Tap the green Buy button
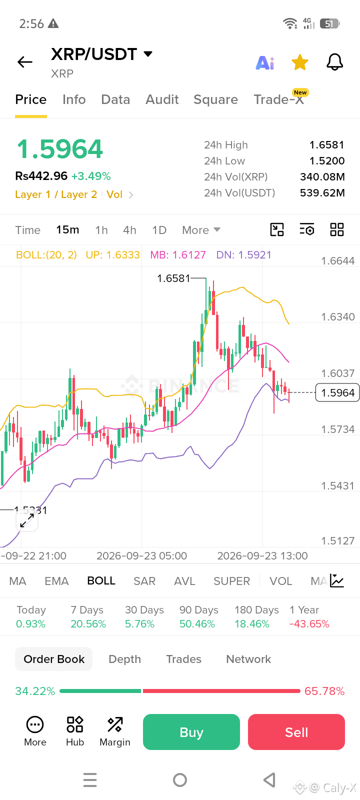191,732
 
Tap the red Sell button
296,732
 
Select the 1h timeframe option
101,230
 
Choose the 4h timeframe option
129,230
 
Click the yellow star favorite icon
299,62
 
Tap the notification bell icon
334,62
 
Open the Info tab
74,99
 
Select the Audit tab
162,99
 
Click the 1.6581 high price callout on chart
173,278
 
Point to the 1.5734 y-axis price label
337,429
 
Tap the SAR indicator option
144,581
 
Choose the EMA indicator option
56,581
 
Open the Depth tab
124,659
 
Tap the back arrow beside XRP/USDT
25,62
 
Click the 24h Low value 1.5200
327,160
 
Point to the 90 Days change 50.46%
197,623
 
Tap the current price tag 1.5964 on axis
337,392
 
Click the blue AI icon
265,63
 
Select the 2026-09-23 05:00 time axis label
142,555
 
